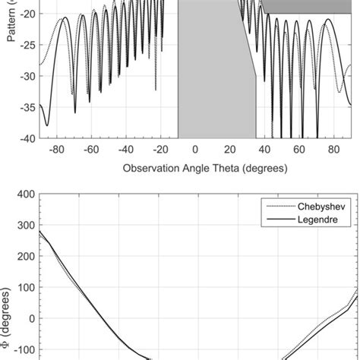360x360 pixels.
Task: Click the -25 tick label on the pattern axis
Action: click(x=27, y=46)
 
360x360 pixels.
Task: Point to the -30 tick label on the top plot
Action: click(x=27, y=77)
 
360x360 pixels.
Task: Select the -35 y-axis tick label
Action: click(x=27, y=108)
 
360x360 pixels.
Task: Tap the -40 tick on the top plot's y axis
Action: click(x=27, y=138)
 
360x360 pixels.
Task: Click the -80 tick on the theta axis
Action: click(x=55, y=150)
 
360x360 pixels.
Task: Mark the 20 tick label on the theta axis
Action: click(x=229, y=150)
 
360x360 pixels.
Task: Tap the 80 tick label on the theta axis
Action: click(x=333, y=150)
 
